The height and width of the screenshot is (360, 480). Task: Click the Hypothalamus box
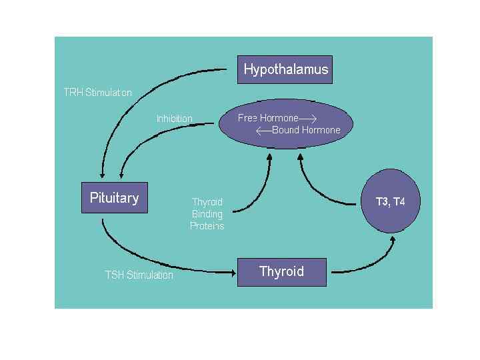[x=285, y=69]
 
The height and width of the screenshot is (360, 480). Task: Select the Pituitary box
[x=114, y=197]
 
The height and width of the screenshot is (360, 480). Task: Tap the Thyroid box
[x=281, y=271]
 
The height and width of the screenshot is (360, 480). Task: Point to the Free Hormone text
[x=268, y=118]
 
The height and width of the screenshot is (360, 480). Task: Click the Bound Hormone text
[x=306, y=130]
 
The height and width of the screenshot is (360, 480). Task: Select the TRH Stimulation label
[x=97, y=92]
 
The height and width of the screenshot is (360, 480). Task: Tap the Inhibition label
[x=175, y=119]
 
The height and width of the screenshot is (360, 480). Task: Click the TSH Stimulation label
[x=139, y=275]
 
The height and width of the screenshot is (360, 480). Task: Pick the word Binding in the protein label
[x=207, y=214]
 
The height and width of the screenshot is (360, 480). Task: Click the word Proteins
[x=207, y=225]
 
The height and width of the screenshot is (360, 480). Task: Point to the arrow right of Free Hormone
[x=308, y=119]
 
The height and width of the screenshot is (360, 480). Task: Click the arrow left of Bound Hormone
[x=263, y=130]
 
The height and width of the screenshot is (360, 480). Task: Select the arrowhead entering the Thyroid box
[x=233, y=271]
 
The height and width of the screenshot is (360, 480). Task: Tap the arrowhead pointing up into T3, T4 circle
[x=391, y=237]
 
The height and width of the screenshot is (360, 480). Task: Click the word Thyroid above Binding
[x=207, y=202]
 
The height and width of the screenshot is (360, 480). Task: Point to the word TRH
[x=73, y=92]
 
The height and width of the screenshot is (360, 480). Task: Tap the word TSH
[x=114, y=275]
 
